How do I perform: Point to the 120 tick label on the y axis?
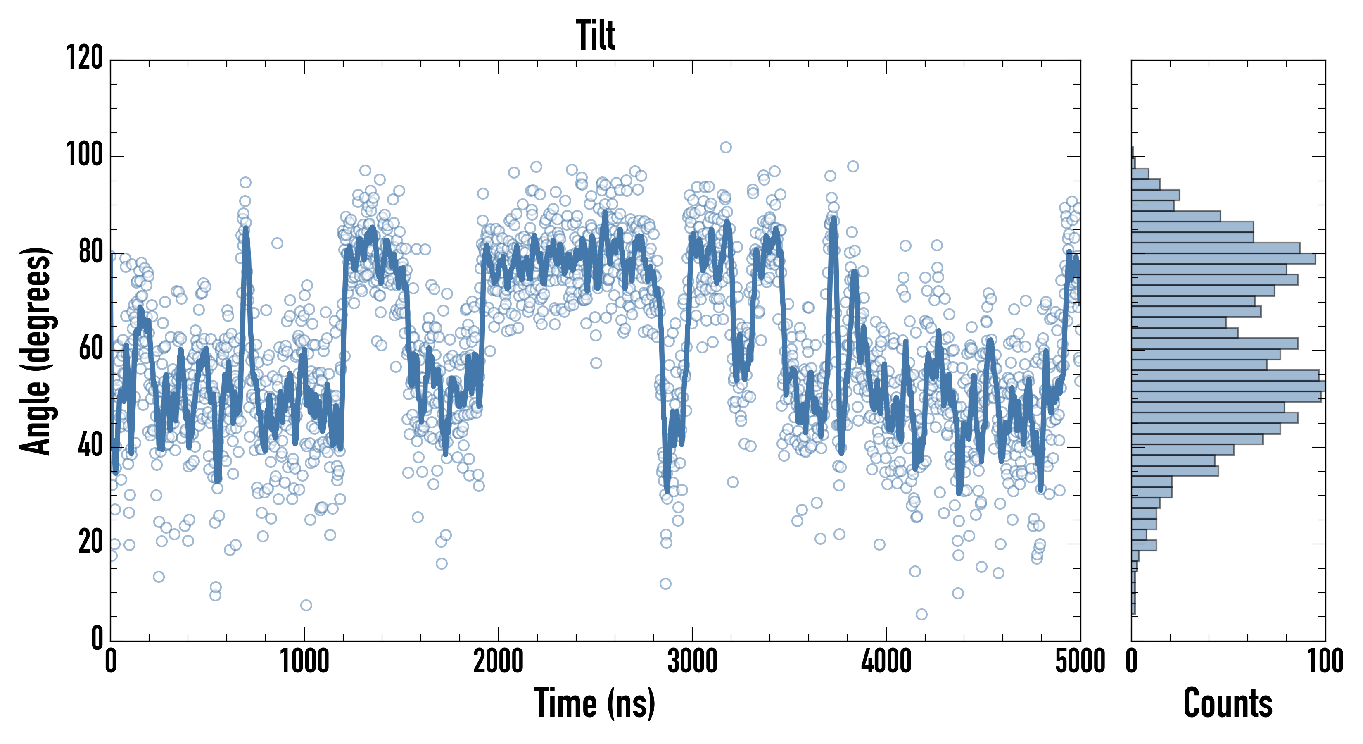[85, 58]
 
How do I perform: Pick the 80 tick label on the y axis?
[90, 253]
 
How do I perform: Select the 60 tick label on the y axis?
[90, 350]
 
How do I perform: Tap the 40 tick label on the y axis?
[90, 446]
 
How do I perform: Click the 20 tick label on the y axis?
[90, 543]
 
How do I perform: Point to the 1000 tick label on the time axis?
[304, 662]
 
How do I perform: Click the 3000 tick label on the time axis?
[692, 662]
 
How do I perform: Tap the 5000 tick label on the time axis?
[1080, 662]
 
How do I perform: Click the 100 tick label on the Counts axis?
[1325, 662]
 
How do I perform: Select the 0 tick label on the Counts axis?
[1132, 662]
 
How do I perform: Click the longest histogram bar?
[1228, 386]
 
